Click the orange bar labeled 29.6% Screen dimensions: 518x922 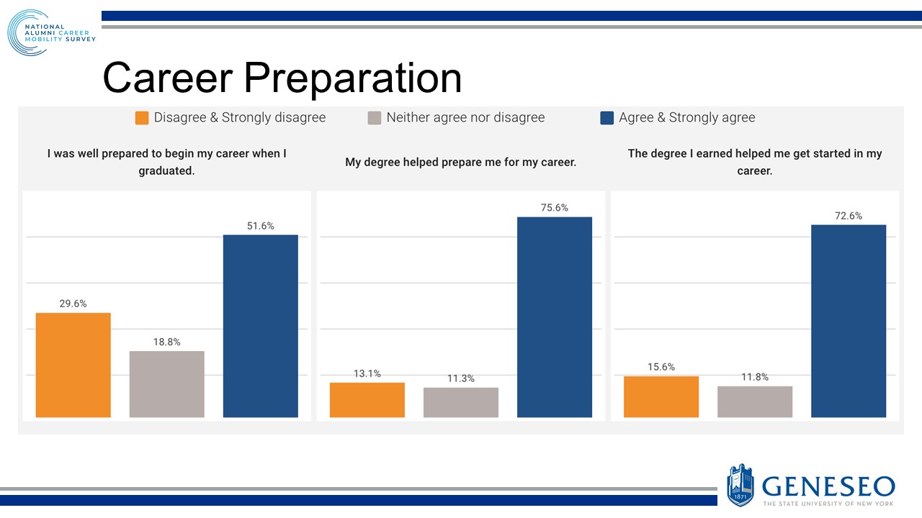point(73,365)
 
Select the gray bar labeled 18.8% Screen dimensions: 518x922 point(166,384)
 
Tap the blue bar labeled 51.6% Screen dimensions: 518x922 point(260,326)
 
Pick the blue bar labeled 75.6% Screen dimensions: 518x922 point(555,317)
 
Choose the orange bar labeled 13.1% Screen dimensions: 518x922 point(367,400)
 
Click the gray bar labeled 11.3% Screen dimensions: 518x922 point(460,402)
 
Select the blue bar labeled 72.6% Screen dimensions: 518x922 point(849,321)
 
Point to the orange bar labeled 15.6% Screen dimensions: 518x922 point(661,396)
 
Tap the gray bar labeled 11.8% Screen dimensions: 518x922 point(755,401)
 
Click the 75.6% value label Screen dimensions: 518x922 point(555,208)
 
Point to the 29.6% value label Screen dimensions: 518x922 point(73,304)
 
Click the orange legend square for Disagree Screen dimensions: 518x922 point(142,118)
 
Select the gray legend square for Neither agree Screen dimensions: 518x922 point(374,118)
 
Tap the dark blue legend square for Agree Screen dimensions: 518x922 point(607,118)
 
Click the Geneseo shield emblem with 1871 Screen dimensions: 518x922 point(740,484)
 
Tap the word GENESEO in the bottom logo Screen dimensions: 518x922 point(828,486)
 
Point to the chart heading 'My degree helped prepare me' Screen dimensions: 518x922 point(460,163)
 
